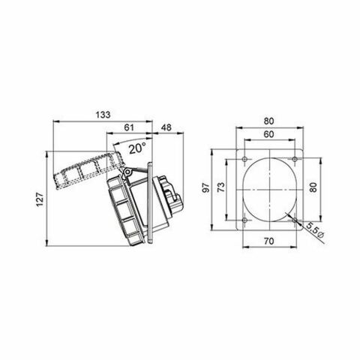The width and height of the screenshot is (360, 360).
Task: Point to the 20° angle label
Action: click(136, 148)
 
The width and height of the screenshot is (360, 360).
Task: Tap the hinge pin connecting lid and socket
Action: click(127, 174)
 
